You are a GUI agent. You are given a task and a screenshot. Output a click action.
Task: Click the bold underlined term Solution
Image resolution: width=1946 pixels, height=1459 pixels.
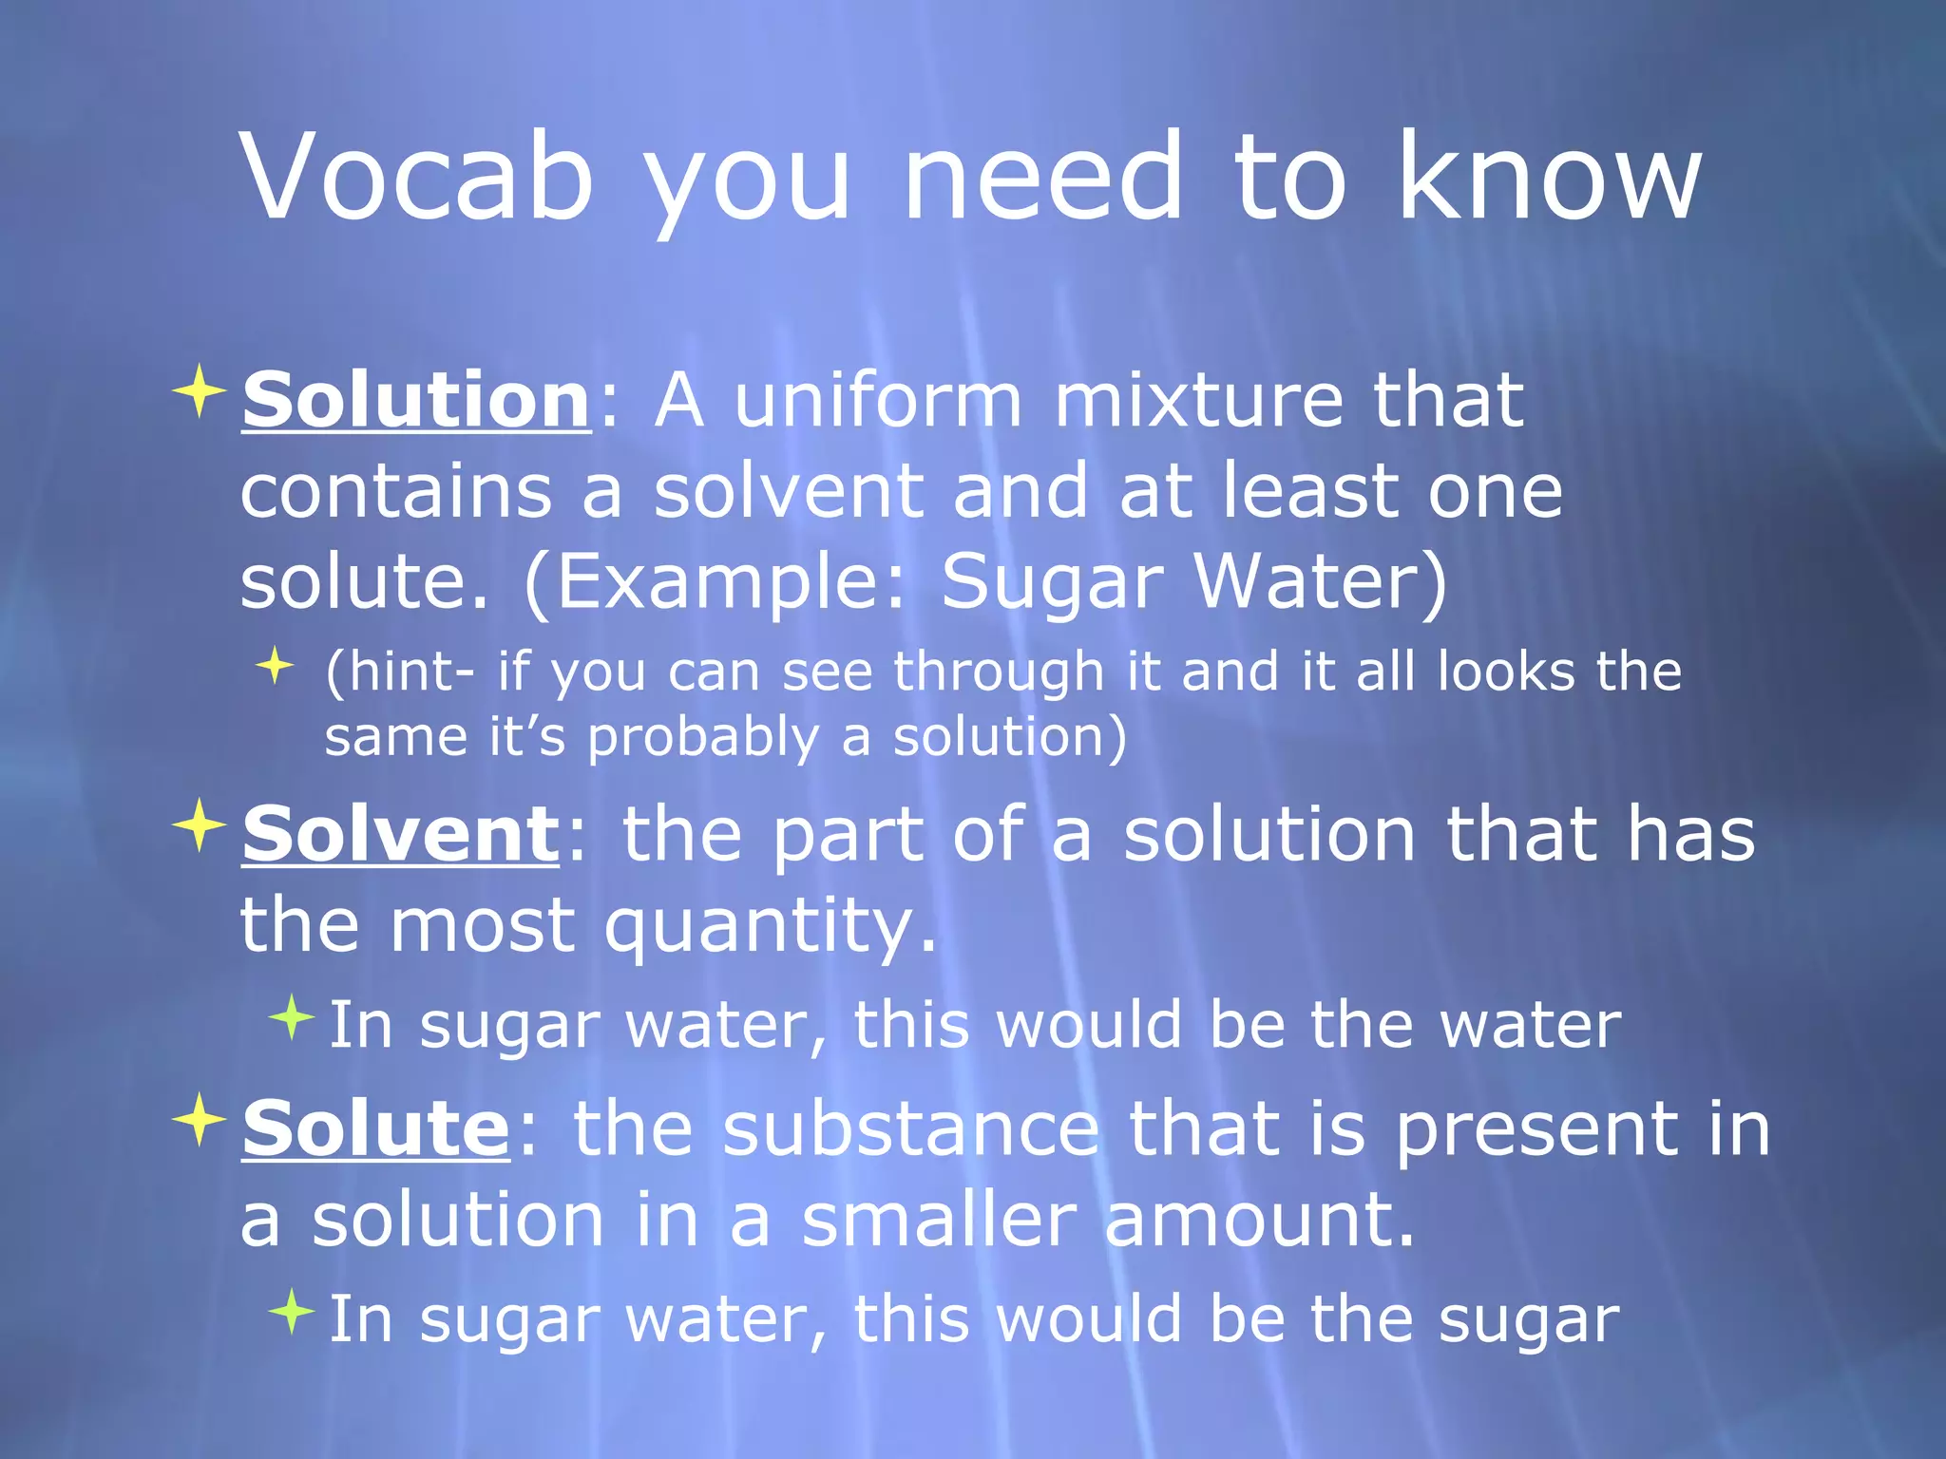click(416, 399)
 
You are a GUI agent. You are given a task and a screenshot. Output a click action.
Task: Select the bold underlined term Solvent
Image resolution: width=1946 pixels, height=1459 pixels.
click(401, 834)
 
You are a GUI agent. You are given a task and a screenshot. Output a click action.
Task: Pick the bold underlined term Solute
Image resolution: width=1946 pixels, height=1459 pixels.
click(376, 1128)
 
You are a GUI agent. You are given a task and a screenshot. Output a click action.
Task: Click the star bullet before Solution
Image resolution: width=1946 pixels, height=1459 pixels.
click(199, 390)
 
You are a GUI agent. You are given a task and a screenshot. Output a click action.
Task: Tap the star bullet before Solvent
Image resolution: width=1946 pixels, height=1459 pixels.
click(199, 825)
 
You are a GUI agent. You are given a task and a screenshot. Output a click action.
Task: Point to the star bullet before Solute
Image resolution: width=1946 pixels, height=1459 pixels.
click(199, 1120)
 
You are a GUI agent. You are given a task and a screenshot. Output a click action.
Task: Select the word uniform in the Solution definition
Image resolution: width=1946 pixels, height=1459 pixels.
click(878, 399)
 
